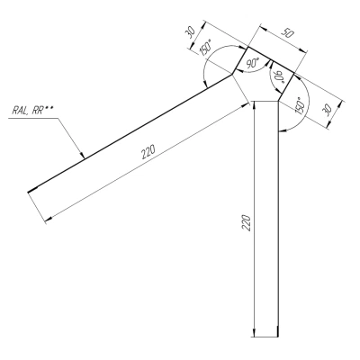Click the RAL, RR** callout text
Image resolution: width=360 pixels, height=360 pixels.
31,110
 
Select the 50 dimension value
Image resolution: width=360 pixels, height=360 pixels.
287,33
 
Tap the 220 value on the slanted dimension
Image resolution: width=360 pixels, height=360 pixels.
148,151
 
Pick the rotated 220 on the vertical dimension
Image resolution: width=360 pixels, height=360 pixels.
247,222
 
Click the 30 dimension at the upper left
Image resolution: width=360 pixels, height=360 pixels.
191,32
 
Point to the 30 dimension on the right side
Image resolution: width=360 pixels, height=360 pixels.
327,110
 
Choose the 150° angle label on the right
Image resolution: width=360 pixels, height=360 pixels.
301,105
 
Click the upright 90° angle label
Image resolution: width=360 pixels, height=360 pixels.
253,64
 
